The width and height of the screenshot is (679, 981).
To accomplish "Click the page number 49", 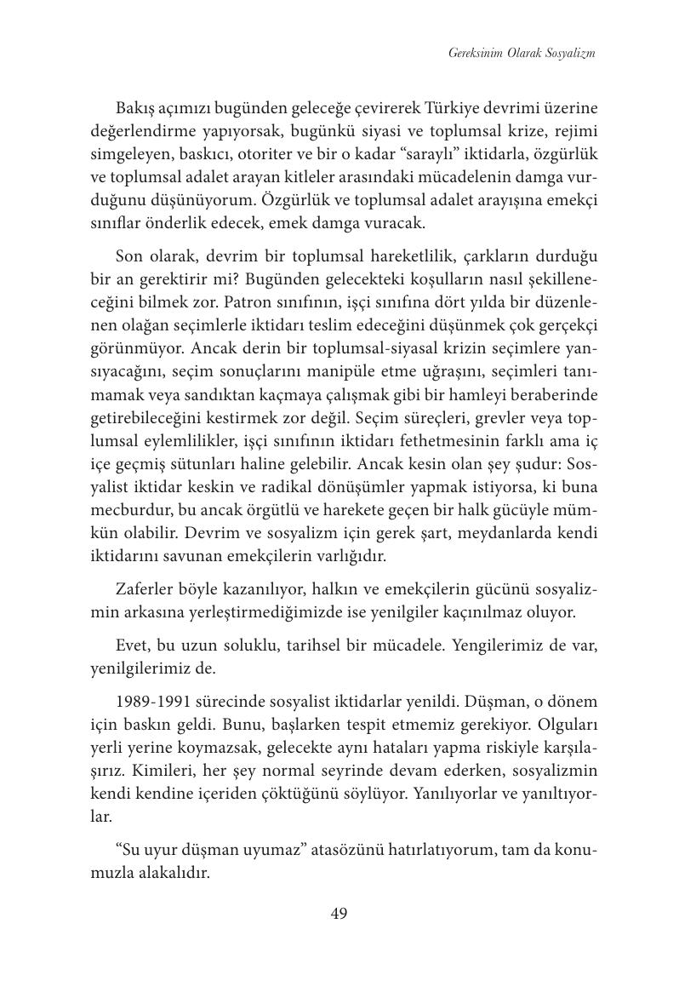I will tap(339, 914).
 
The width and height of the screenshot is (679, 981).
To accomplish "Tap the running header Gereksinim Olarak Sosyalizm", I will tap(521, 53).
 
